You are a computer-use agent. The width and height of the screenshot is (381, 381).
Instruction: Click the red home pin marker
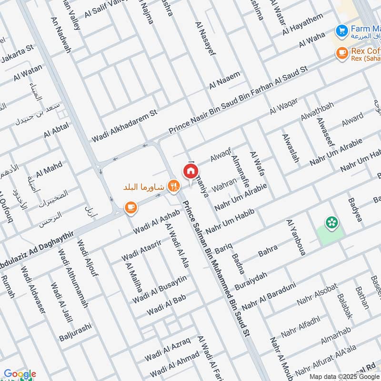[x=190, y=170]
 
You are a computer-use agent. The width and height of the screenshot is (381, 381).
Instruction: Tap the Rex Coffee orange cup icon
[x=341, y=54]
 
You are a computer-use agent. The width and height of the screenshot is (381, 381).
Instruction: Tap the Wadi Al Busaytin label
[x=160, y=290]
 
